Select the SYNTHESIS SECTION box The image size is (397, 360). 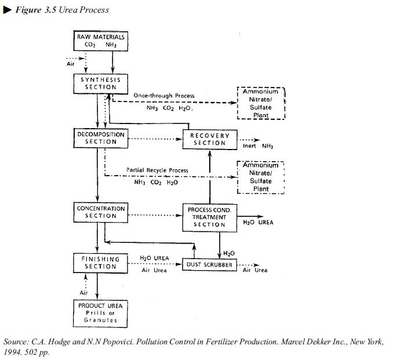click(101, 83)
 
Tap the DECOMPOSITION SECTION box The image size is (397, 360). click(101, 137)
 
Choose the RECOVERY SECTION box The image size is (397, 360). click(210, 139)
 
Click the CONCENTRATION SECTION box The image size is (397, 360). click(101, 212)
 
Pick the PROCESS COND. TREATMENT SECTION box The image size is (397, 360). click(209, 217)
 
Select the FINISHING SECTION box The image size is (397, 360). click(101, 263)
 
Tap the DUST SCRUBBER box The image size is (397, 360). click(209, 265)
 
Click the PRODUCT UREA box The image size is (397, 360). click(101, 312)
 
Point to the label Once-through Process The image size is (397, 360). click(164, 95)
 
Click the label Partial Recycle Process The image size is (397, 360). click(157, 170)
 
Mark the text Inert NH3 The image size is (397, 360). click(258, 146)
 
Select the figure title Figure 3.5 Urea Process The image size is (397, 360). click(61, 10)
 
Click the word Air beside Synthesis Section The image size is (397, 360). click(71, 64)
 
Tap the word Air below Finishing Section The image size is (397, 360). click(83, 293)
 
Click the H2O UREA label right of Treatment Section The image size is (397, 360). click(258, 222)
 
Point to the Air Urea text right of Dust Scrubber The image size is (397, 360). click(255, 270)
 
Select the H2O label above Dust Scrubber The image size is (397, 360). click(229, 253)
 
